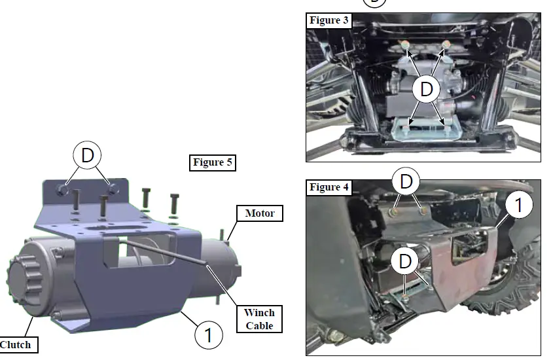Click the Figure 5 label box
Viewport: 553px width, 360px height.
(213, 162)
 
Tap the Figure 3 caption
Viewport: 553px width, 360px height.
(329, 20)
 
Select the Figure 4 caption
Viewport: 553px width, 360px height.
(329, 188)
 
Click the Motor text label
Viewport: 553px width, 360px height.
(260, 213)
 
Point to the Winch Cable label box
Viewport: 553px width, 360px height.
(259, 319)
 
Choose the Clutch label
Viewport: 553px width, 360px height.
(15, 344)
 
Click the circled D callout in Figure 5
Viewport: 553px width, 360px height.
(87, 155)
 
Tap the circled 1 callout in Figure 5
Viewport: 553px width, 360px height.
(208, 335)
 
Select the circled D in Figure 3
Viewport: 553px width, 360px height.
(427, 89)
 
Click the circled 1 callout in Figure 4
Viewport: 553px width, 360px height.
(518, 206)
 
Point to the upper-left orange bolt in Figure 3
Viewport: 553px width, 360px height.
(406, 45)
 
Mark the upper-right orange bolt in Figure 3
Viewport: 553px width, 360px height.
(447, 45)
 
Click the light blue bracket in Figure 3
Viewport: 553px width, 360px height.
(425, 130)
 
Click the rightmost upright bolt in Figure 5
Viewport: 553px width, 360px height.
(173, 203)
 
